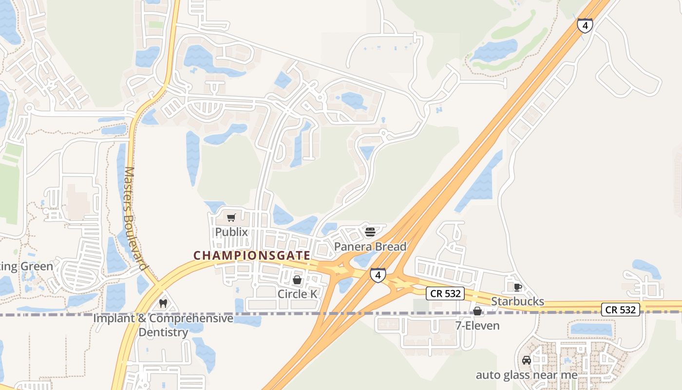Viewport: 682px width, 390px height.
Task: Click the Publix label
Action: pyautogui.click(x=231, y=232)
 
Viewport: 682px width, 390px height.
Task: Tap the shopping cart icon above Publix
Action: pyautogui.click(x=231, y=218)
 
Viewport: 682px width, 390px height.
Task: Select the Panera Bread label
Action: pyautogui.click(x=370, y=247)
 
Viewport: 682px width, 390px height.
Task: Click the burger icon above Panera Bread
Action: pyautogui.click(x=370, y=232)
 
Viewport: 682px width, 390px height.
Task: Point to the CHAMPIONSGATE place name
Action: pyautogui.click(x=251, y=255)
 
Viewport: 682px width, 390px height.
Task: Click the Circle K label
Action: pyautogui.click(x=297, y=294)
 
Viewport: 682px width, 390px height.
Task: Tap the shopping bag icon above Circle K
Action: pyautogui.click(x=297, y=280)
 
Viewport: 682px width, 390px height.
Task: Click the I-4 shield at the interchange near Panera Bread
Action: pyautogui.click(x=378, y=275)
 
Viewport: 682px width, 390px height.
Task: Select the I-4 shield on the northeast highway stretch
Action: pyautogui.click(x=585, y=25)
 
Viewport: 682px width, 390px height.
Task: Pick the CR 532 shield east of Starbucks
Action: pyautogui.click(x=620, y=309)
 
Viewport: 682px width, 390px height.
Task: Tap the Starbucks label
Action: pyautogui.click(x=517, y=301)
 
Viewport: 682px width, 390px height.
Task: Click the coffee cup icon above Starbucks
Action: pyautogui.click(x=517, y=287)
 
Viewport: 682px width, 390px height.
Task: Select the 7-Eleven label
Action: pyautogui.click(x=477, y=325)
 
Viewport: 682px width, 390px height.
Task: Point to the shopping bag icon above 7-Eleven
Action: pyautogui.click(x=477, y=311)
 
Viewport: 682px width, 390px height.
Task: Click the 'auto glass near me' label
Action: pyautogui.click(x=527, y=375)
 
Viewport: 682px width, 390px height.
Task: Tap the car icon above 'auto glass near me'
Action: pyautogui.click(x=527, y=360)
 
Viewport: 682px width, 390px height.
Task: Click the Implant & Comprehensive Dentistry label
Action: pyautogui.click(x=163, y=325)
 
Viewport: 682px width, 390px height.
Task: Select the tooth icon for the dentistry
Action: pyautogui.click(x=163, y=303)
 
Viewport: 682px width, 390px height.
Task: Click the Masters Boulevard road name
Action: pyautogui.click(x=135, y=218)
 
